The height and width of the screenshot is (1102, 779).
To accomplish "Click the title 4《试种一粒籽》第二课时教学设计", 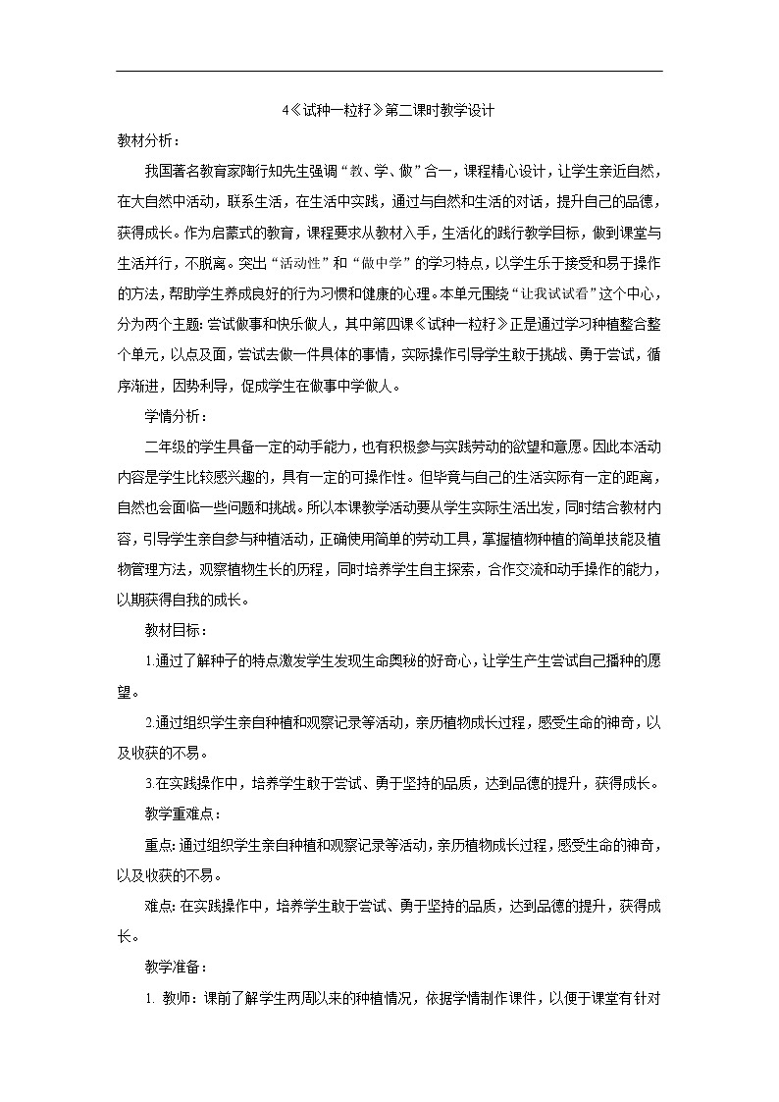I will (389, 112).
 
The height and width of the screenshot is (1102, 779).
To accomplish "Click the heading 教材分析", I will (147, 141).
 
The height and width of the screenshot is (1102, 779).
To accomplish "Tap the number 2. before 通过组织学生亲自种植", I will (149, 722).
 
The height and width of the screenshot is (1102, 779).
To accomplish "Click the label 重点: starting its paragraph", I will (160, 844).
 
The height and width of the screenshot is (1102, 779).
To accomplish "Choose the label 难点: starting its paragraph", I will (160, 906).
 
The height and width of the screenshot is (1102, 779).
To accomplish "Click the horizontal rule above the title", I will (389, 72).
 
